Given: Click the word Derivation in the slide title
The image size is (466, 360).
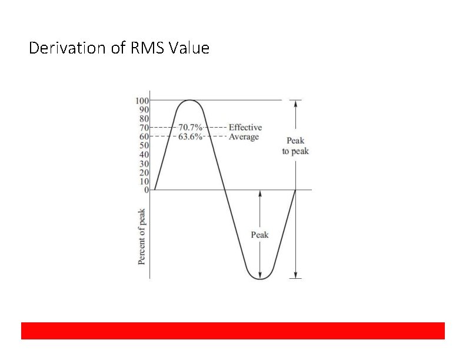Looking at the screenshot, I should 64,48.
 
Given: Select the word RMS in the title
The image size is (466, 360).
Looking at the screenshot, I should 145,48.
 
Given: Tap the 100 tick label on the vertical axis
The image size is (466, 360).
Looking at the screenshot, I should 143,101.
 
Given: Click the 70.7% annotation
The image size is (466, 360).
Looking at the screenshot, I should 191,127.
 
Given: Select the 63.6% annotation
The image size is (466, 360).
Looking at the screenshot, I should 191,136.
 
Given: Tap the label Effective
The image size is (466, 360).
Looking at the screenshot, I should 245,127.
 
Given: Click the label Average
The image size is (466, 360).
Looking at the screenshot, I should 244,136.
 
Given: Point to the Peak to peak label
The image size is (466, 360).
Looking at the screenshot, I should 295,146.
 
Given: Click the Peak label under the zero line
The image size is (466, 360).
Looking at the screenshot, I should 259,235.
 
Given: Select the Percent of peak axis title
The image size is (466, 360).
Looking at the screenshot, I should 142,237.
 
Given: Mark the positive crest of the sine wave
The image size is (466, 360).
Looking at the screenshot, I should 188,101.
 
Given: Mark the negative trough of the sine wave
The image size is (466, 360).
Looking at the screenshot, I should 259,278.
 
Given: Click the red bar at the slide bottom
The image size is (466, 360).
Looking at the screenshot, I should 233,331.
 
